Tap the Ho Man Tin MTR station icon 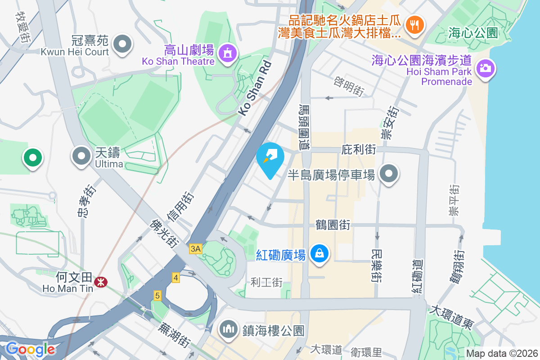tap(100, 282)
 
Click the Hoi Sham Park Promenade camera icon tap(484, 69)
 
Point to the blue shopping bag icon tap(319, 254)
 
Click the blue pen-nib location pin tap(270, 157)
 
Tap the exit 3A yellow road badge tap(196, 249)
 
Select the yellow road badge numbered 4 tap(175, 278)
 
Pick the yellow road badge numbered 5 tap(157, 296)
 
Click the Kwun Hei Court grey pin tap(122, 45)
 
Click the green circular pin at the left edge tap(33, 157)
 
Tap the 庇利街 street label tap(359, 149)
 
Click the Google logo tap(30, 349)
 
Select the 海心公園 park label tap(472, 32)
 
